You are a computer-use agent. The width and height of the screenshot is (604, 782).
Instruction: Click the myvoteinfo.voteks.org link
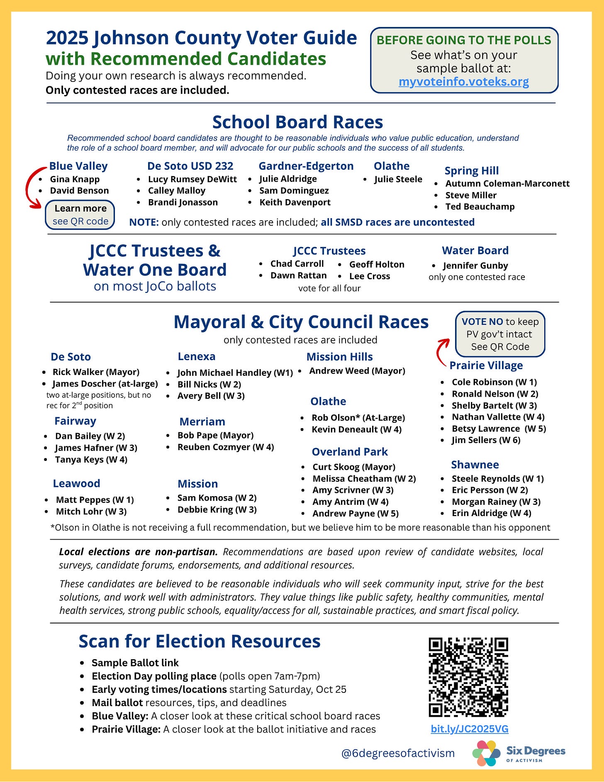coord(463,82)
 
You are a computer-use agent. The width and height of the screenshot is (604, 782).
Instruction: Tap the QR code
coord(468,677)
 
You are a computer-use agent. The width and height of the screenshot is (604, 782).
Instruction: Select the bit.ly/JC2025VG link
coord(469,729)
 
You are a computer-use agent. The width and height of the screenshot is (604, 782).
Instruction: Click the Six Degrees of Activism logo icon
coord(486,753)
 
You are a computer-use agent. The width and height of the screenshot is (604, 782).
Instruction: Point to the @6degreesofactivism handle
coord(397,753)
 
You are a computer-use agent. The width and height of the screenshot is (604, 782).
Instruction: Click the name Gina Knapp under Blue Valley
coord(75,179)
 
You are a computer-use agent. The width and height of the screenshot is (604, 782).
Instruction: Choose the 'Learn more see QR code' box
coord(80,215)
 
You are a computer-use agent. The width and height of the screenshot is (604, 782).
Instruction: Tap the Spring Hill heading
coord(471,171)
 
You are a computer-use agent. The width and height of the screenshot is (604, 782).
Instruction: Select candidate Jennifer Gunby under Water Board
coord(475,266)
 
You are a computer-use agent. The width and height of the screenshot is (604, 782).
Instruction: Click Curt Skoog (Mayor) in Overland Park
coord(353,467)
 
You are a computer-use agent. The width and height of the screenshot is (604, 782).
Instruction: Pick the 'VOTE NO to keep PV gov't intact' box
coord(500,334)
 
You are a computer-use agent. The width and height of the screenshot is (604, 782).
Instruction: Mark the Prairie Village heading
coord(486,365)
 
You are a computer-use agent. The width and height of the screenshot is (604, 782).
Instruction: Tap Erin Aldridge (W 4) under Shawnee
coord(491,513)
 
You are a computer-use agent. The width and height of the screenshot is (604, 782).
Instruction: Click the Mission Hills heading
coord(339,357)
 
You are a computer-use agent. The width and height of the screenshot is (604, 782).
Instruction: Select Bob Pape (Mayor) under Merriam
coord(215,435)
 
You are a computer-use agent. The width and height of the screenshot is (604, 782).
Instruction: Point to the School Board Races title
coord(297,122)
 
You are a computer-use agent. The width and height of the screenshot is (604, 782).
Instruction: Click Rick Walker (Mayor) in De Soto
coord(96,372)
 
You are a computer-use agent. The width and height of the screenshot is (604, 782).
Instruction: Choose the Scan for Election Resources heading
coord(200,641)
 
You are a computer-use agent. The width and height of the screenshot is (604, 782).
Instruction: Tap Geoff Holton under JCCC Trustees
coord(376,265)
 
